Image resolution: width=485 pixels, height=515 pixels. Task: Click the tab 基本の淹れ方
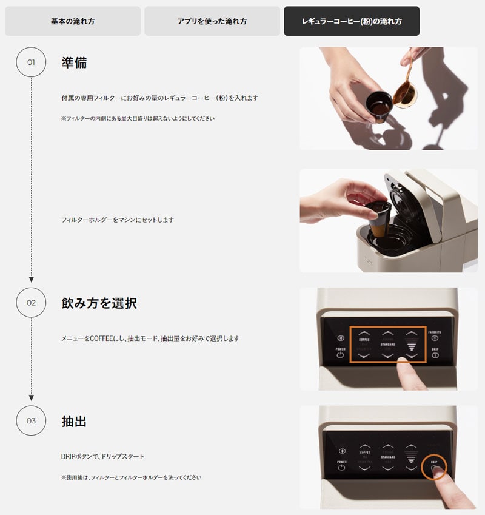click(73, 21)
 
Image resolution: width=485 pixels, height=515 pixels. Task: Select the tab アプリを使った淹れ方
click(212, 21)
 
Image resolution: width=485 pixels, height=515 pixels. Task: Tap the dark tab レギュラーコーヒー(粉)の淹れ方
click(352, 21)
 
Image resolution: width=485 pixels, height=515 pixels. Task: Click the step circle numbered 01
click(31, 62)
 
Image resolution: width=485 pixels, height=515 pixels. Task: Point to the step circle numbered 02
click(31, 303)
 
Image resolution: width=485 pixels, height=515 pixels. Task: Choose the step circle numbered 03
click(31, 421)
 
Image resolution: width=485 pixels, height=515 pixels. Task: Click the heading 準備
click(74, 62)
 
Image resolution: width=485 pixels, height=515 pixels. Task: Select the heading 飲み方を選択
click(99, 303)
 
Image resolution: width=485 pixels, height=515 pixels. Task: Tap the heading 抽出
click(74, 421)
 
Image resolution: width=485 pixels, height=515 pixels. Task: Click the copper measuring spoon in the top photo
click(405, 95)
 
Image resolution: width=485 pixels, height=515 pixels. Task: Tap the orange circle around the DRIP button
click(435, 465)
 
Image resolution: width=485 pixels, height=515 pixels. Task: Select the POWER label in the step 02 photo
click(341, 348)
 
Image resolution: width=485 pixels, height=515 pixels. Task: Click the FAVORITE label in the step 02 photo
click(435, 332)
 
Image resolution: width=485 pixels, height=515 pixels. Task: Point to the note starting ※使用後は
click(131, 477)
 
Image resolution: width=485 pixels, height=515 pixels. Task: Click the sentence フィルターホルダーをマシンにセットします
click(117, 220)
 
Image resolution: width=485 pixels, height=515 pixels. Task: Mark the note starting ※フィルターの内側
click(138, 118)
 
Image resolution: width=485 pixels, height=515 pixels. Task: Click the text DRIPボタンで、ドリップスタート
click(102, 456)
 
